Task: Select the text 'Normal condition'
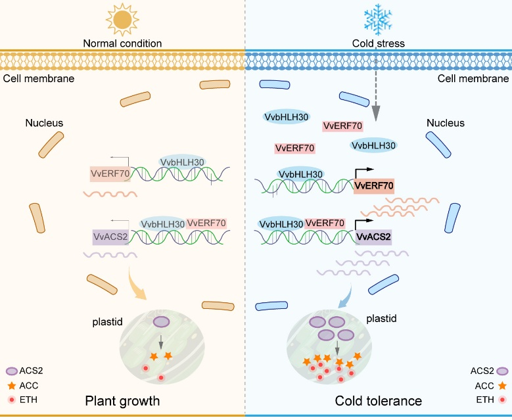122,44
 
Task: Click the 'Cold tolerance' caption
378,400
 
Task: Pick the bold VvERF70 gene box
373,186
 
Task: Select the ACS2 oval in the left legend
14,371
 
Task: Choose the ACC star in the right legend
503,386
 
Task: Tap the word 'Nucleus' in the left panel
44,123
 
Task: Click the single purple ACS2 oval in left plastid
162,322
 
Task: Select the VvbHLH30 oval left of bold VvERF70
301,174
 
